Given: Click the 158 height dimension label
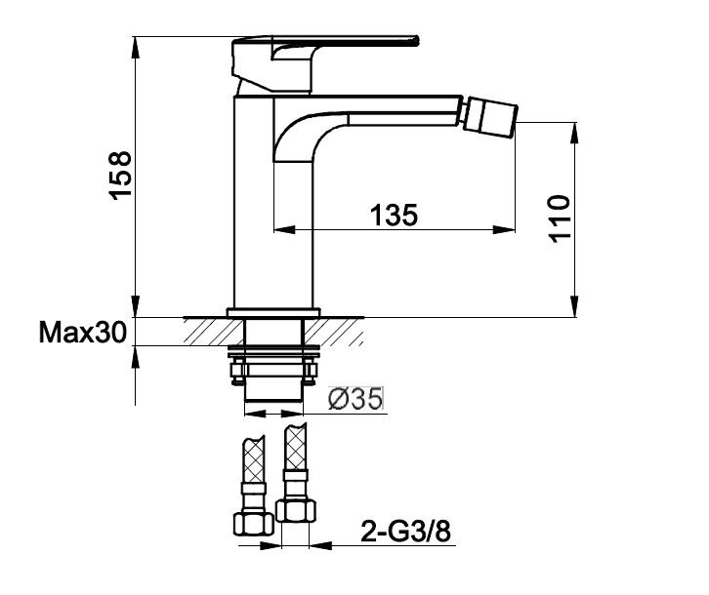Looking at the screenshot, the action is pos(121,176).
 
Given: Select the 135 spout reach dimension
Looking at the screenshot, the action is pos(395,215).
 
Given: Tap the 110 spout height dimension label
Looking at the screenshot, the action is pos(559,218).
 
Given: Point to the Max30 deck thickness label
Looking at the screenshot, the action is pos(82,333).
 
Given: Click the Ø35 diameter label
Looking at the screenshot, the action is pos(355,399).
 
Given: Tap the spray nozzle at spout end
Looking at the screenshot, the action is pos(491,116).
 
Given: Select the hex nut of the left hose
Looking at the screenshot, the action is pos(254,524).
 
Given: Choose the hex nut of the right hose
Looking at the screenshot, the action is pos(295,510).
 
